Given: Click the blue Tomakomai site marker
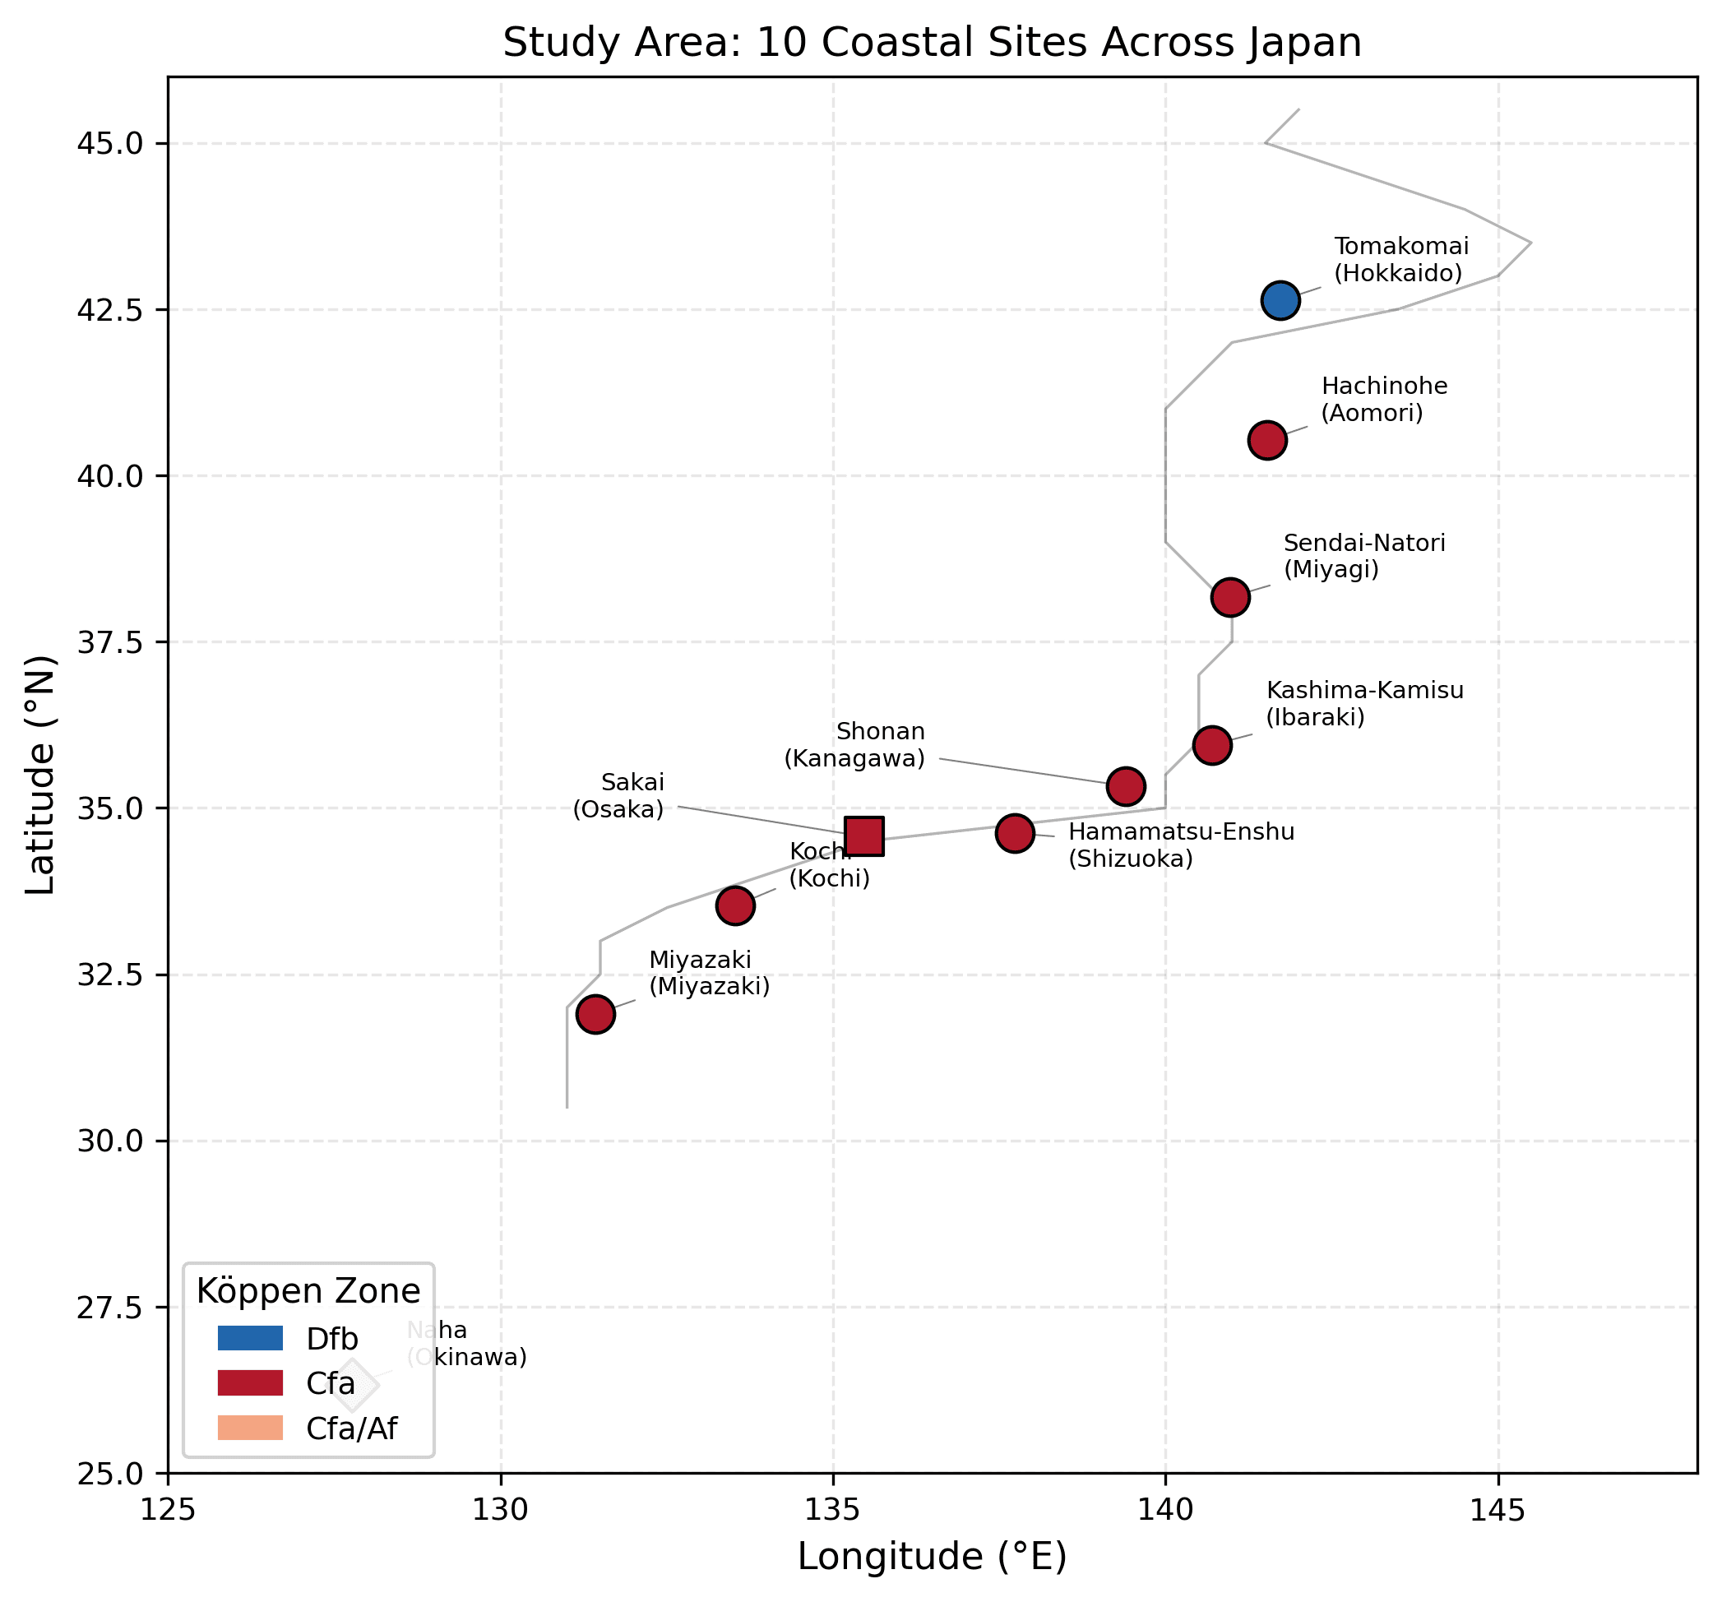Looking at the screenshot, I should pyautogui.click(x=1280, y=301).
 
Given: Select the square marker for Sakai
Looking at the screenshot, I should pyautogui.click(x=864, y=836).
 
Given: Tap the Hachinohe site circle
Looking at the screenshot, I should pyautogui.click(x=1267, y=441).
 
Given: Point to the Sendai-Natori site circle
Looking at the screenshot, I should pyautogui.click(x=1230, y=597).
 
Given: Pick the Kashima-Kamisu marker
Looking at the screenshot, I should pyautogui.click(x=1212, y=745).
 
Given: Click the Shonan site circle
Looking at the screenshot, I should pyautogui.click(x=1126, y=787).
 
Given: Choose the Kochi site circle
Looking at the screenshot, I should pyautogui.click(x=735, y=905).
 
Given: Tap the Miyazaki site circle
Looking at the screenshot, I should pyautogui.click(x=596, y=1014).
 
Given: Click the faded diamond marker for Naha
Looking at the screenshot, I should pyautogui.click(x=353, y=1386).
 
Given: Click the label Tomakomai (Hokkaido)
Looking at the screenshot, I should pyautogui.click(x=1400, y=260).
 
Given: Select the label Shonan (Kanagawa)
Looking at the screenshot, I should pyautogui.click(x=855, y=745).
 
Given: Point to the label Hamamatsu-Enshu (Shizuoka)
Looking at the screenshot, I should pyautogui.click(x=1181, y=845).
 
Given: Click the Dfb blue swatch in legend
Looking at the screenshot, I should pyautogui.click(x=250, y=1339).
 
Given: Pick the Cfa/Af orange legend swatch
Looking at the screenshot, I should pyautogui.click(x=250, y=1428).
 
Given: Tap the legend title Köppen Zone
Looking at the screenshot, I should pyautogui.click(x=308, y=1292).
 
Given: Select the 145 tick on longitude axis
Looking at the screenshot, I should pyautogui.click(x=1498, y=1512).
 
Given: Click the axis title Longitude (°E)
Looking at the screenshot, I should pyautogui.click(x=932, y=1557).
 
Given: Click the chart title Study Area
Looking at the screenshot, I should pyautogui.click(x=932, y=43).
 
